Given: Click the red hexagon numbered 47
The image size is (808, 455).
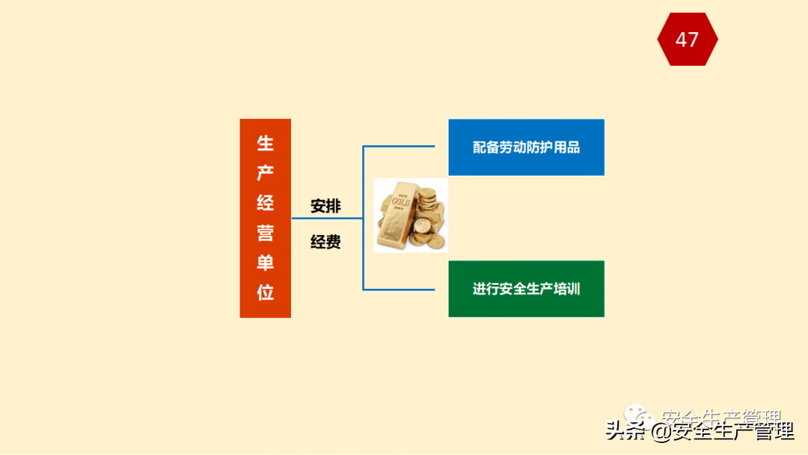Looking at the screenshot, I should (x=687, y=39).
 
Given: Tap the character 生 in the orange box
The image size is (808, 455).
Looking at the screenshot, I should (x=266, y=144).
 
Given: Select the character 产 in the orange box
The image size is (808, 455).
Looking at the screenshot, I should (x=266, y=174).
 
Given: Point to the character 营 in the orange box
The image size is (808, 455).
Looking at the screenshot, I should (x=266, y=233).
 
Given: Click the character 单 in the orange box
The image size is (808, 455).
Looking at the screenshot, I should (x=266, y=263).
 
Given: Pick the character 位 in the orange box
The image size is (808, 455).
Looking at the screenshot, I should (x=266, y=293).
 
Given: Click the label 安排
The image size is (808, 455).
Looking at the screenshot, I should (x=325, y=206).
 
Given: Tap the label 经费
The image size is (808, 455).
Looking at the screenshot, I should (x=325, y=242).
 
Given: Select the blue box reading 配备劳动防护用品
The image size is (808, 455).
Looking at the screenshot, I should (x=526, y=147).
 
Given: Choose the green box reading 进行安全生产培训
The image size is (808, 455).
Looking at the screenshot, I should (x=526, y=289).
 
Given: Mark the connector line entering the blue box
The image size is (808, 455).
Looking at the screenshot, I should (x=404, y=146).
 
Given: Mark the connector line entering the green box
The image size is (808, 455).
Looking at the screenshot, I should (x=404, y=289).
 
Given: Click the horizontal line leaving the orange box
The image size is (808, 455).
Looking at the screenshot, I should (x=326, y=219).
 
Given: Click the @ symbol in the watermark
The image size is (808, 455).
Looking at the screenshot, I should (x=660, y=432).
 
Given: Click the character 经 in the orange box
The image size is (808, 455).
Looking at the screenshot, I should (x=266, y=203).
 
